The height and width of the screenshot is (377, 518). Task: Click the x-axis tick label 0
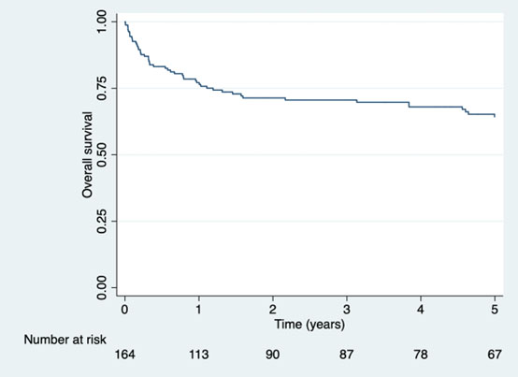point(125,310)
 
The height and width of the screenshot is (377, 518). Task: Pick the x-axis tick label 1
point(199,310)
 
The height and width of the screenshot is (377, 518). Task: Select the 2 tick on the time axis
point(273,310)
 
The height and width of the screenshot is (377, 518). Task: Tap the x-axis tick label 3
point(347,310)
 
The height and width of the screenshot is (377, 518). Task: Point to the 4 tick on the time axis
point(421,310)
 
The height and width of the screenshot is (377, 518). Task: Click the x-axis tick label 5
point(495,310)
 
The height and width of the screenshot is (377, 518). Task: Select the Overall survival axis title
point(87,154)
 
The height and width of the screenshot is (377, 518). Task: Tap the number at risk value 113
point(199,355)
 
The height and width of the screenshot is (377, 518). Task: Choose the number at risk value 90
point(273,355)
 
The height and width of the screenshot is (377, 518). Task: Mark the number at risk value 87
point(347,355)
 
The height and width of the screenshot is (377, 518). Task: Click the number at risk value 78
point(421,355)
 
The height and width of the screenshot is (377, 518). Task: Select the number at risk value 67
point(495,355)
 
